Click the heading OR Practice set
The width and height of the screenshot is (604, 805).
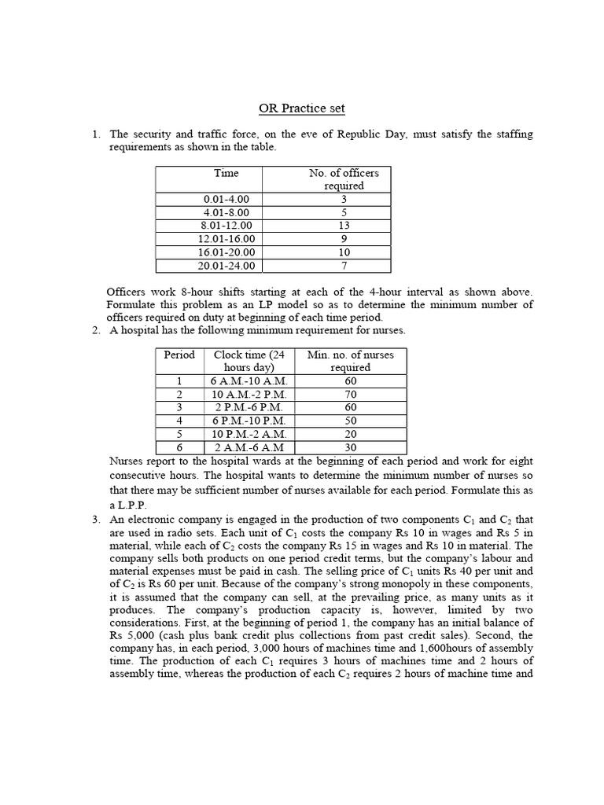[302, 108]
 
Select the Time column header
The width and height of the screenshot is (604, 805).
[226, 173]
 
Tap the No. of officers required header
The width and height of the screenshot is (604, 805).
[344, 179]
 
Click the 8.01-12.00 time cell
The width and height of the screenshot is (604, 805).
[226, 225]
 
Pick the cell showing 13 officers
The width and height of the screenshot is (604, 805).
[344, 225]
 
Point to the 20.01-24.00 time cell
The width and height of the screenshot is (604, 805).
[226, 266]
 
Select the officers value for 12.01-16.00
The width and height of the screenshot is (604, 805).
[344, 239]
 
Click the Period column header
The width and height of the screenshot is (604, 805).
[179, 355]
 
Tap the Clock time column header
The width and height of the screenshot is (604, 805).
[249, 361]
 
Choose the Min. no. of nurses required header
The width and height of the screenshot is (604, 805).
[350, 361]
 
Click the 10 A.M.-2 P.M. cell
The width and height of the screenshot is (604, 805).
[249, 394]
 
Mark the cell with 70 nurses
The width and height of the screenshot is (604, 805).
[350, 394]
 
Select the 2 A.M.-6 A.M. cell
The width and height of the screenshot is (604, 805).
[249, 447]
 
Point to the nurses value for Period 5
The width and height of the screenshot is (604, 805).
[350, 434]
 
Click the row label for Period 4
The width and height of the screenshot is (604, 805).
[179, 421]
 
